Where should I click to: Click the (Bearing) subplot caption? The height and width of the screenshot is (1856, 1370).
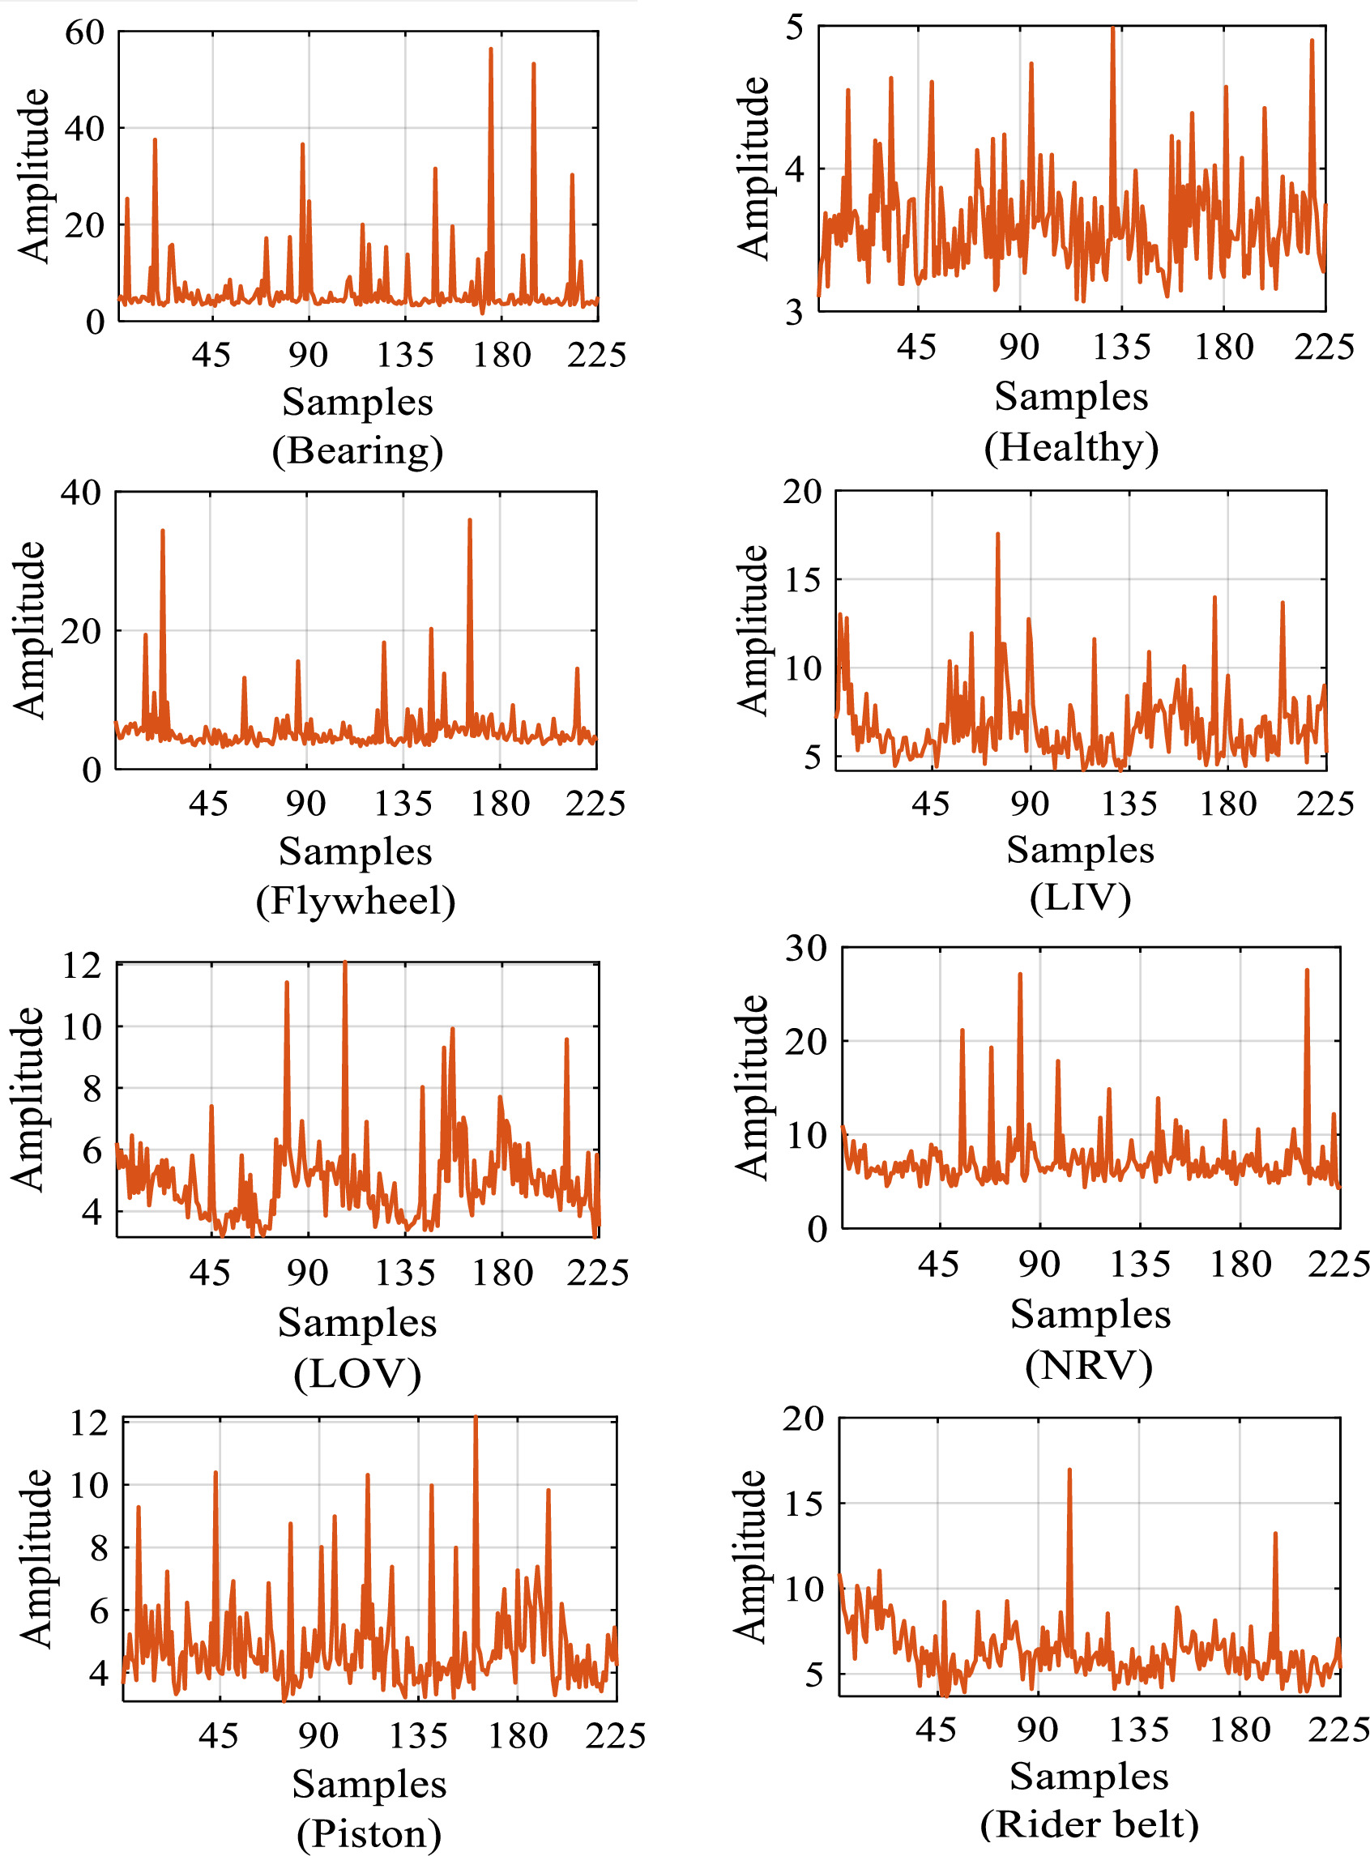point(357,450)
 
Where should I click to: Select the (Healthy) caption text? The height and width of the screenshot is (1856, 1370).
point(1070,447)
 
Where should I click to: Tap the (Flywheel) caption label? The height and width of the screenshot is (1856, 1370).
point(355,900)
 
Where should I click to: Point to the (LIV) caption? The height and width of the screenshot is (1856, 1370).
point(1080,897)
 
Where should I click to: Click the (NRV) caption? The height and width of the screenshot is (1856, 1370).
point(1088,1365)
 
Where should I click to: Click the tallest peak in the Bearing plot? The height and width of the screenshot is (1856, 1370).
point(491,49)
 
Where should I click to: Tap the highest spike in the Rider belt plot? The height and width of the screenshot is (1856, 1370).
point(1069,1470)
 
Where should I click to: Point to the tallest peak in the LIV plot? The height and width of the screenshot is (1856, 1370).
point(997,535)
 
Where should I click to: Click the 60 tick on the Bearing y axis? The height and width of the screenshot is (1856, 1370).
point(84,32)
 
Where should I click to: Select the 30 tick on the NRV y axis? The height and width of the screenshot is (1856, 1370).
point(805,947)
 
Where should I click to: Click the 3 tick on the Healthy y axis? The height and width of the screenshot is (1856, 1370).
point(795,313)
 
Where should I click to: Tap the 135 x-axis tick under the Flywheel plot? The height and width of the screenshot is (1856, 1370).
point(403,803)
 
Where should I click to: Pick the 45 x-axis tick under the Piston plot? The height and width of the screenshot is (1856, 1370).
point(218,1735)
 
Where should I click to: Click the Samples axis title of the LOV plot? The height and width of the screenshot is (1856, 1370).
point(356,1322)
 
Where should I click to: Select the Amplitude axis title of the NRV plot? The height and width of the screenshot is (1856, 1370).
point(752,1087)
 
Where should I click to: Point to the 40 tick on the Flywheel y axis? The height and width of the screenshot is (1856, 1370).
point(81,492)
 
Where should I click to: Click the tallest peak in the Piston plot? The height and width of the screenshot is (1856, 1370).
point(476,1418)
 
